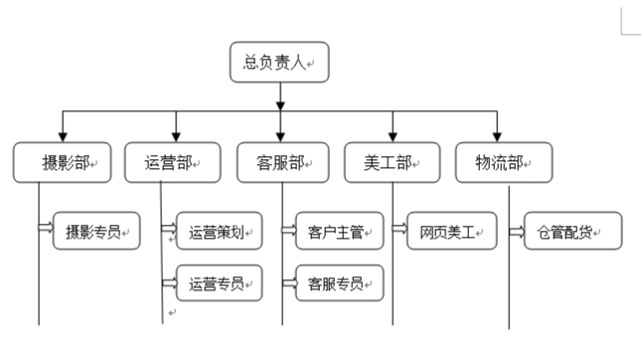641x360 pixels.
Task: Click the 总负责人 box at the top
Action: pyautogui.click(x=278, y=62)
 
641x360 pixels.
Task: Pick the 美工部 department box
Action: pyautogui.click(x=393, y=162)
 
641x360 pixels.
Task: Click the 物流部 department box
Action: pyautogui.click(x=502, y=162)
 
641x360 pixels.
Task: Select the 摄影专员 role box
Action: pyautogui.click(x=95, y=231)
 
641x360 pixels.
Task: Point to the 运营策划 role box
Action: pyautogui.click(x=219, y=232)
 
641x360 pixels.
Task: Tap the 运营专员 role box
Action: pyautogui.click(x=219, y=282)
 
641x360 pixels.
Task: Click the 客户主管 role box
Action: pyautogui.click(x=339, y=232)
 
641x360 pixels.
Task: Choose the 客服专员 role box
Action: pyautogui.click(x=339, y=282)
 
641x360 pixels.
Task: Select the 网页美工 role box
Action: pyautogui.click(x=451, y=232)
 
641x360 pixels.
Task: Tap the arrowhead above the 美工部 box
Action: pyautogui.click(x=393, y=134)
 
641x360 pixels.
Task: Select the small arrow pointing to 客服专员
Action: pyautogui.click(x=288, y=284)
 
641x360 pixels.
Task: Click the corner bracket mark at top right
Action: pyautogui.click(x=627, y=25)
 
